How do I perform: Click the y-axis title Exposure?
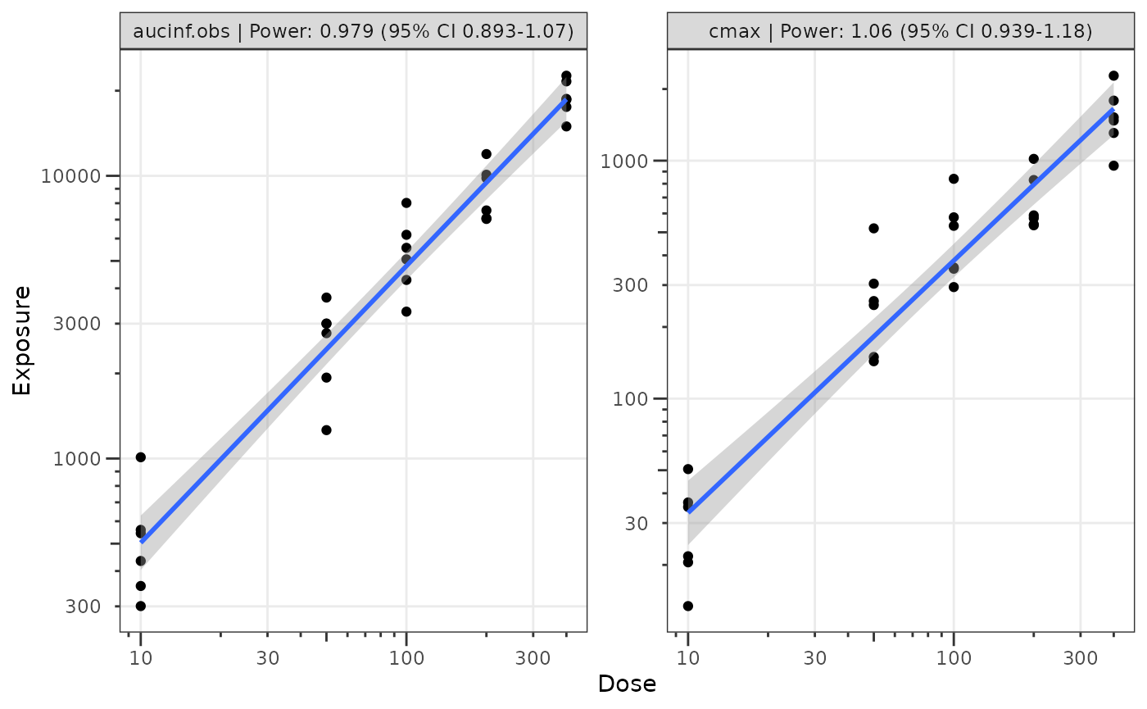(22, 340)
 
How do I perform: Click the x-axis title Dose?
(627, 684)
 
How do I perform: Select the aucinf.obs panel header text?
(353, 31)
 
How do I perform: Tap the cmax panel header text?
(900, 31)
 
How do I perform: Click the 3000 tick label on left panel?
(80, 324)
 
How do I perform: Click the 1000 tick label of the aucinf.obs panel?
(80, 458)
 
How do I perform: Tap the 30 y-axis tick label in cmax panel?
(637, 523)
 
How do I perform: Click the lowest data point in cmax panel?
(688, 606)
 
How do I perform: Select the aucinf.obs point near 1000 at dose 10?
(141, 457)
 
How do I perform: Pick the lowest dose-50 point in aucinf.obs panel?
(326, 430)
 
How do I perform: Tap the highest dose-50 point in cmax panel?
(873, 228)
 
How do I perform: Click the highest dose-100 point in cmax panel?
(954, 179)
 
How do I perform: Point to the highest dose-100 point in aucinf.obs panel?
(406, 202)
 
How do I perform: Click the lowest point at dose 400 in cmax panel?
(1113, 166)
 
